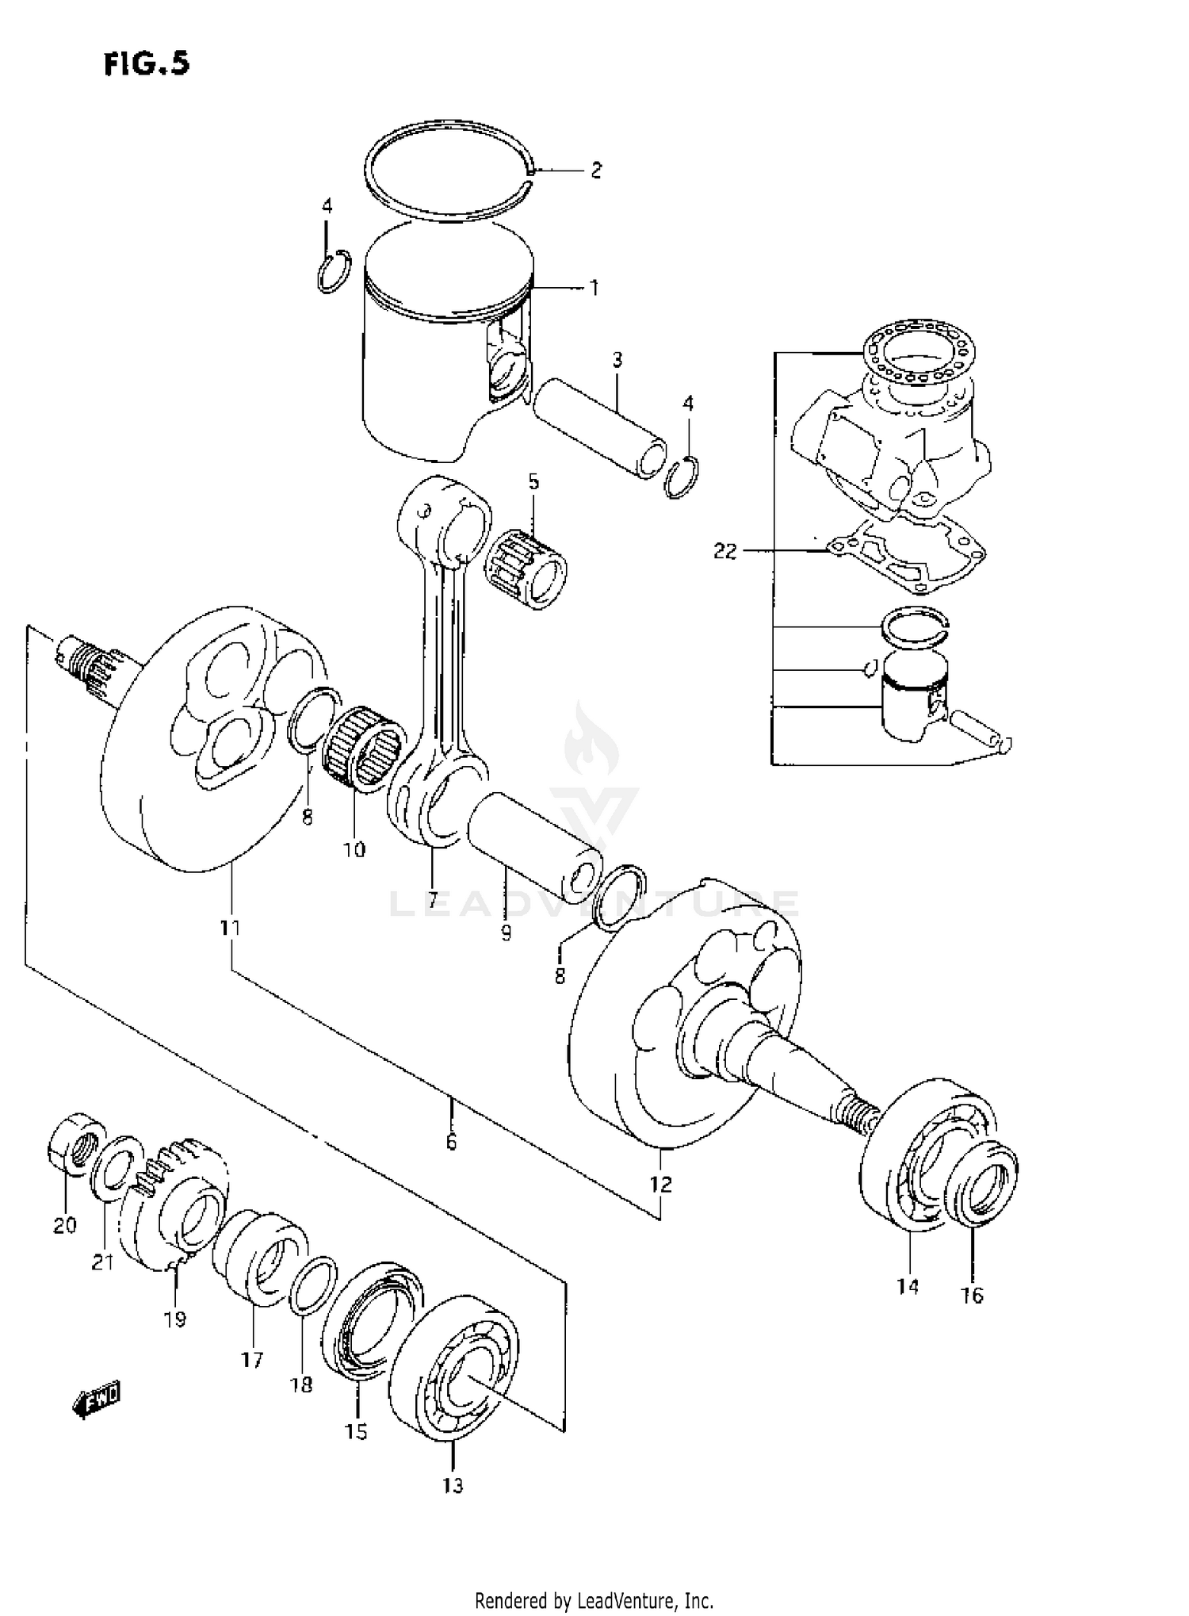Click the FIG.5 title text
[x=147, y=63]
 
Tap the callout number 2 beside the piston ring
[x=595, y=170]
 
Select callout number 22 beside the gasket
[x=724, y=550]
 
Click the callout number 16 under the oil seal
[x=972, y=1295]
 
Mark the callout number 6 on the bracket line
[x=451, y=1142]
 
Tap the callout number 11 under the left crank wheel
[x=231, y=927]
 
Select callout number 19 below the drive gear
[x=175, y=1319]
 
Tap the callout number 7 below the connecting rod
[x=433, y=901]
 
